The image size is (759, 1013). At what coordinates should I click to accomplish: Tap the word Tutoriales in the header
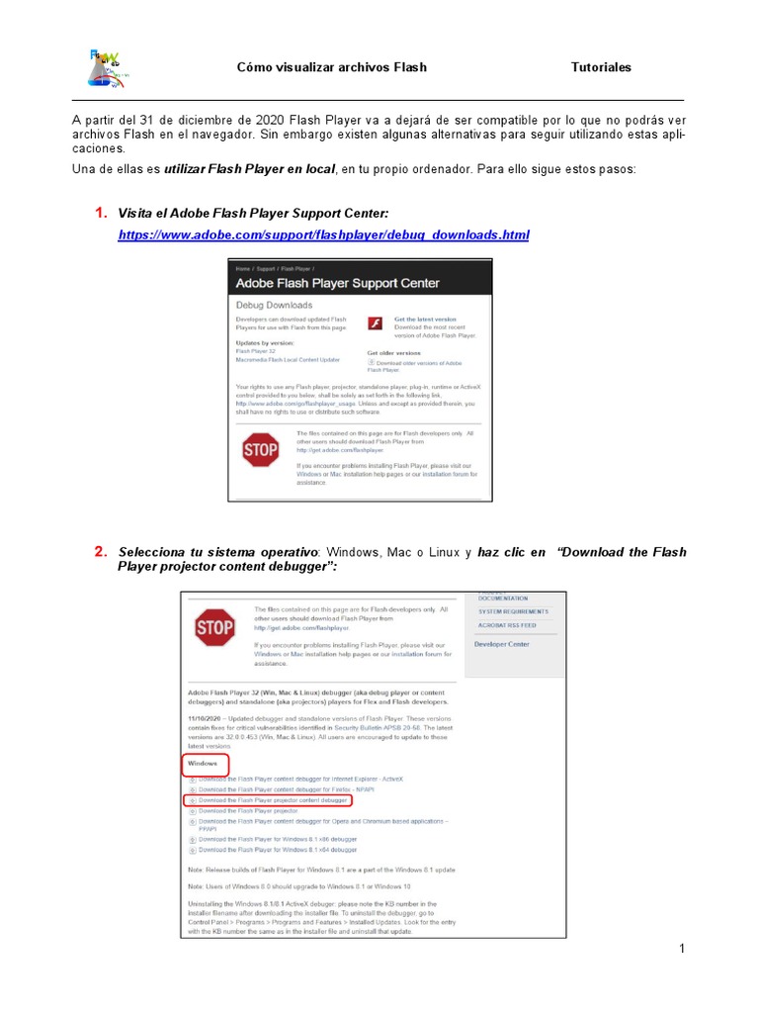pos(601,67)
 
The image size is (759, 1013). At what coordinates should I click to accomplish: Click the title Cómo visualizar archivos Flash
pos(332,67)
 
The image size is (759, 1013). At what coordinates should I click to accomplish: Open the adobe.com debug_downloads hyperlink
pos(323,234)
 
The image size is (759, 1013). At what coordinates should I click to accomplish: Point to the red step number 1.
pos(100,213)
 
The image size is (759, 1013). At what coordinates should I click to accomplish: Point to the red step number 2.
pos(100,552)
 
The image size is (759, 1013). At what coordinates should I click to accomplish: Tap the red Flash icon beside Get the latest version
pos(376,322)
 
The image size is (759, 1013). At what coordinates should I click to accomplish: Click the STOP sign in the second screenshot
pos(214,627)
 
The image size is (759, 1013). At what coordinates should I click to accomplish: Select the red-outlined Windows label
pos(206,764)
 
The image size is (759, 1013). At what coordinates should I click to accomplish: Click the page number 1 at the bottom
pos(682,950)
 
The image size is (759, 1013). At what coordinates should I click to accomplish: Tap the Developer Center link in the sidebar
pos(502,644)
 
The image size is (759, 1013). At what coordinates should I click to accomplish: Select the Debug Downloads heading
pos(275,305)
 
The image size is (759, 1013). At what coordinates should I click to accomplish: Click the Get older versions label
pos(394,352)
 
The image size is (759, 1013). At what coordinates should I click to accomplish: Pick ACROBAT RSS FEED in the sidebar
pos(508,625)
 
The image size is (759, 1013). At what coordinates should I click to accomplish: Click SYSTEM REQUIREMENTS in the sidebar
pos(513,611)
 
